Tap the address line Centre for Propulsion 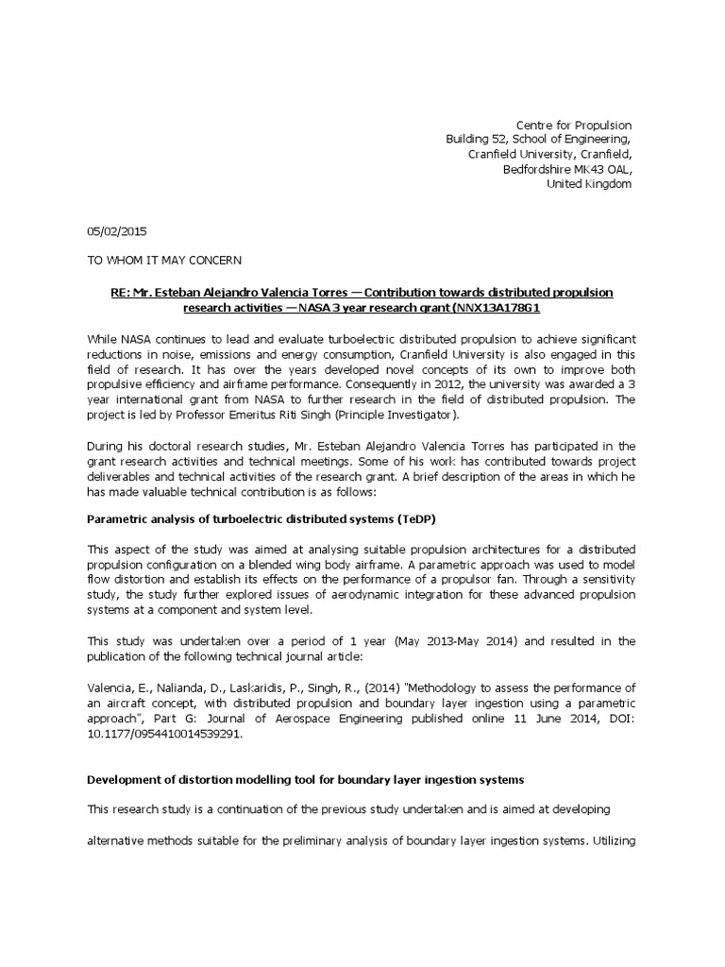pos(572,125)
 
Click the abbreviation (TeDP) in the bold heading pos(416,518)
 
